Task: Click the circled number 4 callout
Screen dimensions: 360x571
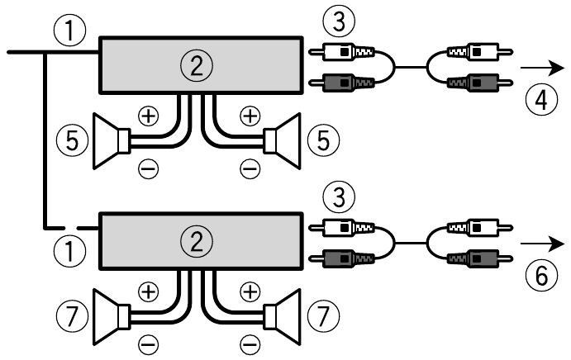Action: (540, 102)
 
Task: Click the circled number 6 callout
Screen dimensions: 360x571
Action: (540, 278)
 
